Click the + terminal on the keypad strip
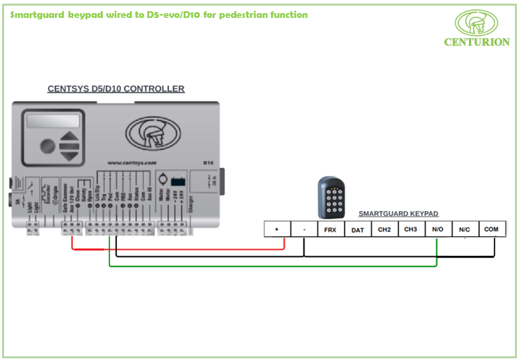pos(277,229)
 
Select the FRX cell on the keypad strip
pos(330,229)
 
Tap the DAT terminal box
pos(357,229)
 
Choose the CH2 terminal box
pos(384,229)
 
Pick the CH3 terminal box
pos(411,229)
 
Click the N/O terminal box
pos(437,229)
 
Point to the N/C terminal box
pos(465,229)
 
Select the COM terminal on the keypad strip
pos(491,229)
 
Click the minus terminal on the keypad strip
pos(304,229)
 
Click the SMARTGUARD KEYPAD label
pos(398,213)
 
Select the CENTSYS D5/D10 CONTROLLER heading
pos(116,89)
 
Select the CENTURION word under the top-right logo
pos(477,42)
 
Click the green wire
pos(272,266)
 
